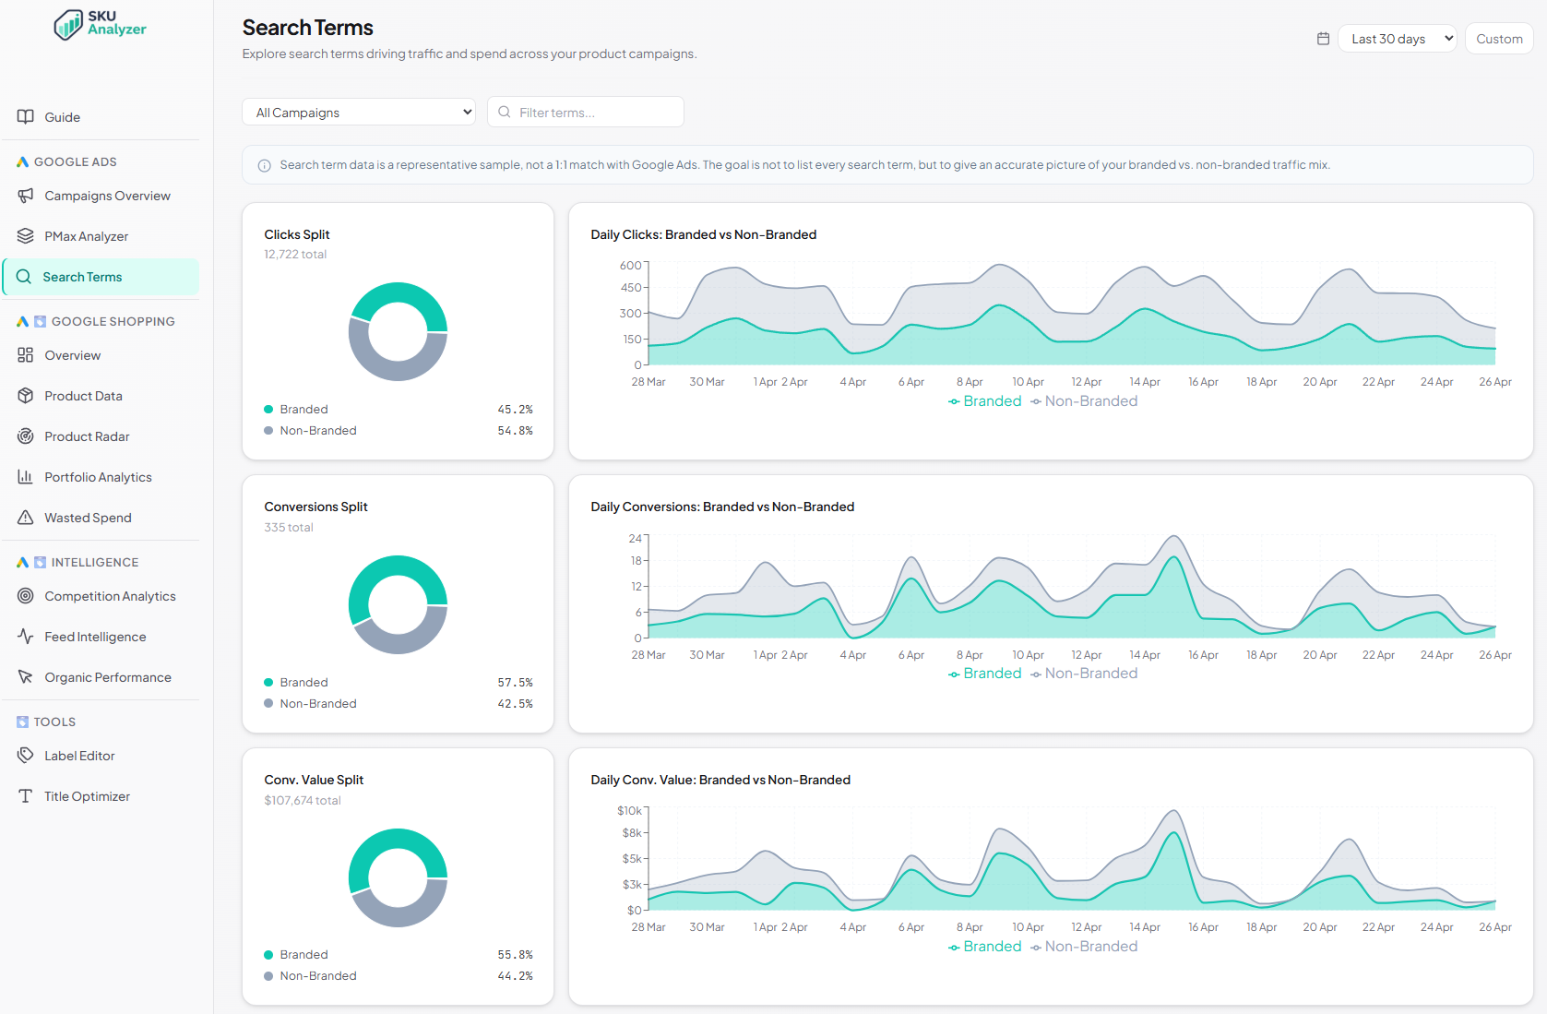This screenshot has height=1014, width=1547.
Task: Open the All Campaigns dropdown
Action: click(358, 113)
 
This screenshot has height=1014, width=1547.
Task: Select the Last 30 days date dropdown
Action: click(1396, 39)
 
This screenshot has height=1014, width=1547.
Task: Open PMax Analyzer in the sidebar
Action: click(86, 236)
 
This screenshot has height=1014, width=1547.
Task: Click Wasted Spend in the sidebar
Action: click(88, 518)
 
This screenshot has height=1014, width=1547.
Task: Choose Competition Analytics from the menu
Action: click(110, 596)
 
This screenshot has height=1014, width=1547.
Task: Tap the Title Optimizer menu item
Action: click(87, 796)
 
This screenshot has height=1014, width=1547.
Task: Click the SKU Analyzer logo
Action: click(100, 24)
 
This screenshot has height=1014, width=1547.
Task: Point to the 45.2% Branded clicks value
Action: click(515, 410)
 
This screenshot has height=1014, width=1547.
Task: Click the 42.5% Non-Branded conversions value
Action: click(515, 704)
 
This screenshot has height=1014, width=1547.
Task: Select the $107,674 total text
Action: click(303, 801)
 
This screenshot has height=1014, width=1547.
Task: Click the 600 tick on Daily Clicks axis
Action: click(630, 266)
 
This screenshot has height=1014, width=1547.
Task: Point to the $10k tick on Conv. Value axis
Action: click(629, 811)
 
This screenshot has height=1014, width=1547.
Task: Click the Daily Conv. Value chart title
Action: click(720, 781)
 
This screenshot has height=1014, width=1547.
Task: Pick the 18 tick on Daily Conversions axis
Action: click(636, 561)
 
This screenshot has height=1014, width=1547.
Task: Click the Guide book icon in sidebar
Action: click(26, 117)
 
